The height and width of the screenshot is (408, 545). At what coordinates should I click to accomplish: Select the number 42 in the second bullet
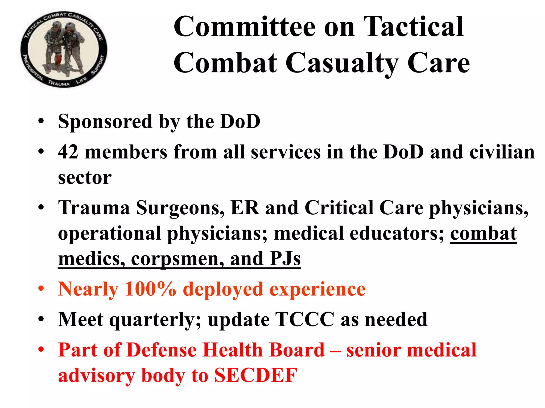[x=68, y=152]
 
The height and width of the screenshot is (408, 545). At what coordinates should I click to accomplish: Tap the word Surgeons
[x=180, y=208]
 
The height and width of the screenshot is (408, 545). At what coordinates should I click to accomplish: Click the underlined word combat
[x=483, y=233]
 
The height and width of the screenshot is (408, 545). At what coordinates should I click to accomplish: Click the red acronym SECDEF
[x=256, y=375]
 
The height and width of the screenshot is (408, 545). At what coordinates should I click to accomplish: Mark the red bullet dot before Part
[x=41, y=349]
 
